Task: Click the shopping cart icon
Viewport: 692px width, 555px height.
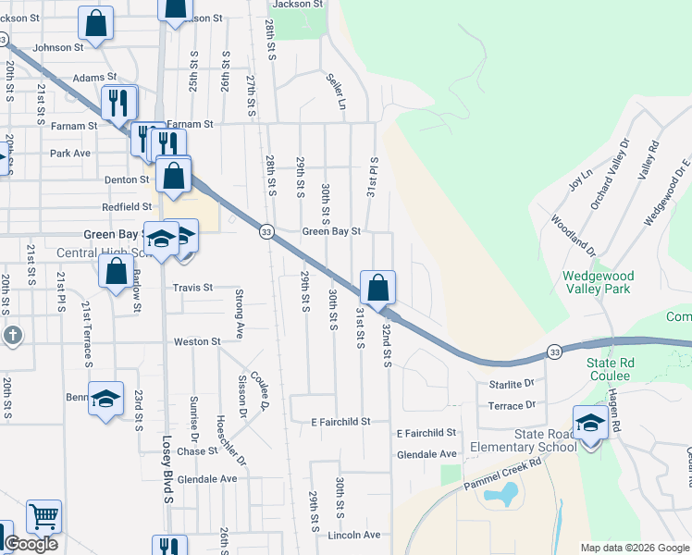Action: (x=43, y=517)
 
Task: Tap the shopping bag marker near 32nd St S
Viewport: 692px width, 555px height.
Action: (x=377, y=288)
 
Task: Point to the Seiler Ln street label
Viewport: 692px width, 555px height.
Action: (x=335, y=92)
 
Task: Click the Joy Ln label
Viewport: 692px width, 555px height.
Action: (x=580, y=179)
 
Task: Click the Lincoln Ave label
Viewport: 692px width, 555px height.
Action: (x=354, y=536)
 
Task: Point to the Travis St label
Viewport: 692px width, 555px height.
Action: (x=193, y=288)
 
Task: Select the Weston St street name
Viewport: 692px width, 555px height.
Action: (x=197, y=341)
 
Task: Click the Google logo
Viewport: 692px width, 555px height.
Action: (x=31, y=544)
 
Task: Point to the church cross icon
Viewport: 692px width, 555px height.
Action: (x=11, y=335)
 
